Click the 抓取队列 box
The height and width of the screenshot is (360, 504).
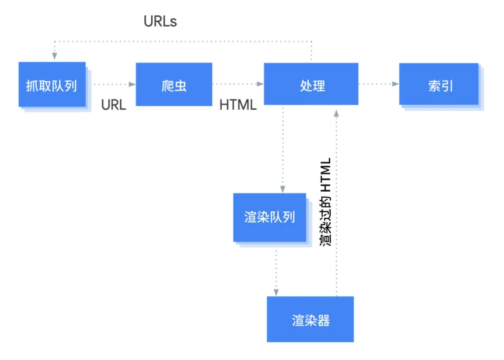(52, 84)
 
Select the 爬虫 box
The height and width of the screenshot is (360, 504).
(174, 84)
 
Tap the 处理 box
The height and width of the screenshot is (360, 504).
(311, 84)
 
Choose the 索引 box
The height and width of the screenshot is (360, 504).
(438, 84)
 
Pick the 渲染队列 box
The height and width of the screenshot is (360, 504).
(270, 218)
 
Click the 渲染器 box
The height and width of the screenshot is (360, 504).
(310, 320)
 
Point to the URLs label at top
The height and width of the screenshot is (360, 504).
(160, 21)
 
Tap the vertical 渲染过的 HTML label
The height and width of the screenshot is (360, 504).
(325, 202)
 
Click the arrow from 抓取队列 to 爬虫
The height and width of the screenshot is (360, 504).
(114, 84)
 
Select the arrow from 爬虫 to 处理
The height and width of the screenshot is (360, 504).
(238, 84)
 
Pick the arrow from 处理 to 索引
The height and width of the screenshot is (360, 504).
(378, 84)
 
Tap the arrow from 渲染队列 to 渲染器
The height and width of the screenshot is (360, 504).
(276, 271)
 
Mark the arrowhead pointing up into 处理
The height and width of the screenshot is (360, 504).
(336, 112)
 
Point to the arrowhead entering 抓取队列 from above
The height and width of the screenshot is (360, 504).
(55, 56)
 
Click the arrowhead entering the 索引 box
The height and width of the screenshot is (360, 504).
(394, 84)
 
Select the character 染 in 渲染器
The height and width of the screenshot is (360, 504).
(311, 320)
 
